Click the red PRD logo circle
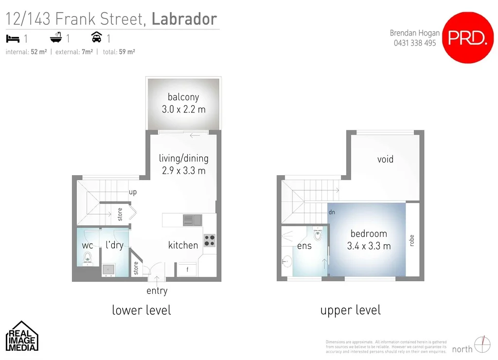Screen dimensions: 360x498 [467, 37]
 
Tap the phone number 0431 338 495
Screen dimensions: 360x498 [415, 43]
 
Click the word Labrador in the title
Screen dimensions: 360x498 [184, 19]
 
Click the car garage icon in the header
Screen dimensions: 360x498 [97, 38]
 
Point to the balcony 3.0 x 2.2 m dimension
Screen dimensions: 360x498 [183, 109]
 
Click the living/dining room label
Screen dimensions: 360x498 [183, 158]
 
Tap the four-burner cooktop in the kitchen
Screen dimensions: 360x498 [209, 240]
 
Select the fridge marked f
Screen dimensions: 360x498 [187, 270]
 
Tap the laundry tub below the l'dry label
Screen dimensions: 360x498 [108, 269]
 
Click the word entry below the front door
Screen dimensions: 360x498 [157, 291]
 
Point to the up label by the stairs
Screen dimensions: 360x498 [133, 192]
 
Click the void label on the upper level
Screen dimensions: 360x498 [385, 159]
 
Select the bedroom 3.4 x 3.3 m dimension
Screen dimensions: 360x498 [369, 246]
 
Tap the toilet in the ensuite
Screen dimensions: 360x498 [318, 234]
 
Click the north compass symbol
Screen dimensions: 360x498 [481, 344]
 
